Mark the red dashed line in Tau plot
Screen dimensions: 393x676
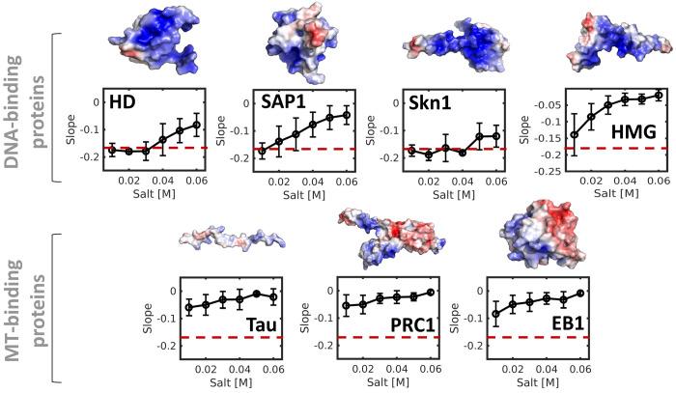pos(232,337)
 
